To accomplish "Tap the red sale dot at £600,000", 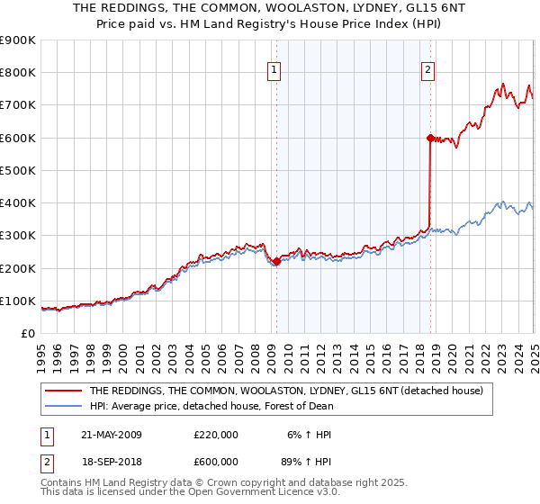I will click(x=429, y=138).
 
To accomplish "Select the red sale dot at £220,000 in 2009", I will click(x=276, y=262).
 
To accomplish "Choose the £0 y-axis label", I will click(x=27, y=333).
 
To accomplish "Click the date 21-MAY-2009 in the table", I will click(x=112, y=435).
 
